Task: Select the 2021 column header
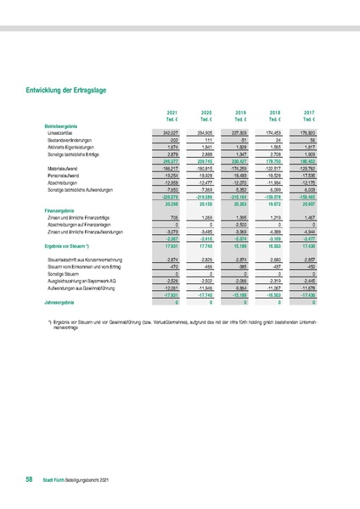(x=171, y=112)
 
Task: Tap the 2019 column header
(x=240, y=112)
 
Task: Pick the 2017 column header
(x=310, y=112)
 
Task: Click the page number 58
(x=29, y=480)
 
